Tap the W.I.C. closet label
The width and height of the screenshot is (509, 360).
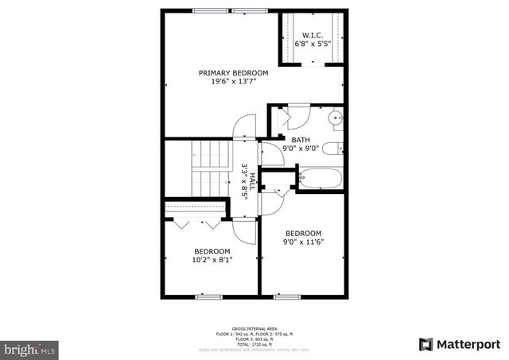[312, 34]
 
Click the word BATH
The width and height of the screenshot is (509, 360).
[301, 139]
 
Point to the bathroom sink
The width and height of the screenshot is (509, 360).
[336, 118]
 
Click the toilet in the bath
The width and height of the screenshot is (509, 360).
[336, 147]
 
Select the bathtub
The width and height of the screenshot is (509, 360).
[320, 178]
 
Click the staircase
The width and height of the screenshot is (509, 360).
[208, 168]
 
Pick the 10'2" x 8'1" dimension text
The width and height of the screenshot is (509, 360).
[212, 259]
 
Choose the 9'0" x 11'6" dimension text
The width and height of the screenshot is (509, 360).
[303, 242]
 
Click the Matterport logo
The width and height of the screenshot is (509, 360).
[460, 343]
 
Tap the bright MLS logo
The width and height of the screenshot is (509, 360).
[30, 348]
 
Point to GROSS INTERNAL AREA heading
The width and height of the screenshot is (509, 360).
[254, 328]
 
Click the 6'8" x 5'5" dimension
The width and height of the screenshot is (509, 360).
[312, 44]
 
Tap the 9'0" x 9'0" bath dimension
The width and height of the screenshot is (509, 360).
[301, 148]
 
